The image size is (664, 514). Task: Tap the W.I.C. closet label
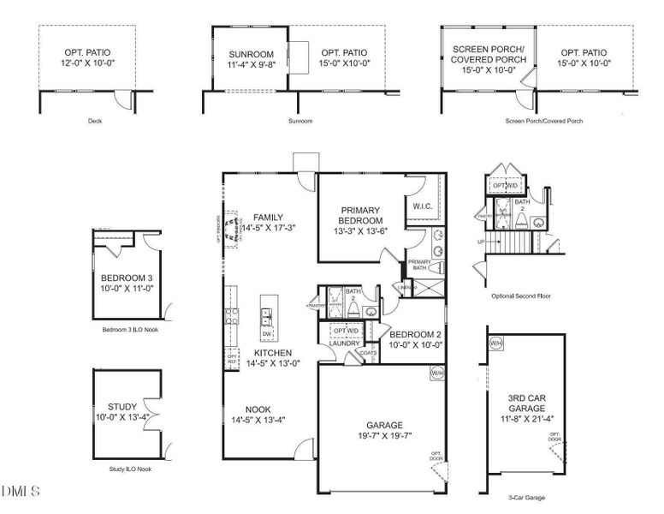click(421, 206)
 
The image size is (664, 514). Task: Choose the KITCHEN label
click(273, 352)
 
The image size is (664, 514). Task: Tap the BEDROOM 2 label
click(415, 334)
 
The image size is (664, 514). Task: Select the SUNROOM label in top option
click(228, 53)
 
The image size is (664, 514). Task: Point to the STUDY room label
click(122, 407)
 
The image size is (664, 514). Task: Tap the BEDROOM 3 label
click(126, 278)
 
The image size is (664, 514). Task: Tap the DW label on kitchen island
click(268, 334)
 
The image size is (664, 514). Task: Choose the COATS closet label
click(369, 352)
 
